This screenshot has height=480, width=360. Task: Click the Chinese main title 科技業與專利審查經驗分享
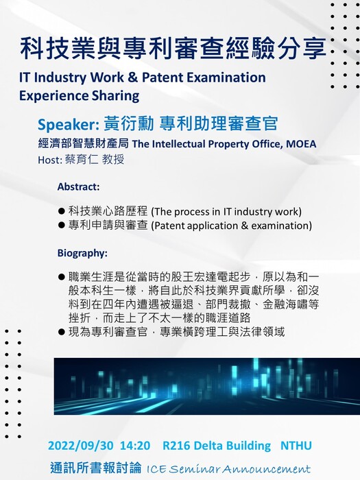click(x=173, y=49)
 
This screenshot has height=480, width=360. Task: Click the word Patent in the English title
click(x=163, y=77)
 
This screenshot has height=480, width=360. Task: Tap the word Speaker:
click(x=68, y=124)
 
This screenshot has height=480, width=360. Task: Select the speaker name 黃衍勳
click(x=129, y=123)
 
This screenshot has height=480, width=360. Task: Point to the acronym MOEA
click(x=301, y=143)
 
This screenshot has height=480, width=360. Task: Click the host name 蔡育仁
click(x=82, y=160)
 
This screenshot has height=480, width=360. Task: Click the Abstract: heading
click(x=78, y=187)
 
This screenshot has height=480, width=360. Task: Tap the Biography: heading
click(x=82, y=253)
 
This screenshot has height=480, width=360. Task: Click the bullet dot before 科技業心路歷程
click(x=62, y=211)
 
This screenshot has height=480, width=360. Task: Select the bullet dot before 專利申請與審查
click(x=62, y=226)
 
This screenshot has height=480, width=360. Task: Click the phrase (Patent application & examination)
click(x=232, y=226)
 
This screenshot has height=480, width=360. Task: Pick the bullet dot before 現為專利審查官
click(x=62, y=332)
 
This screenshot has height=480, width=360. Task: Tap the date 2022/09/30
click(x=81, y=446)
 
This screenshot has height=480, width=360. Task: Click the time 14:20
click(x=135, y=446)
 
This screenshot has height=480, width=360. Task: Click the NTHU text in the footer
click(x=296, y=446)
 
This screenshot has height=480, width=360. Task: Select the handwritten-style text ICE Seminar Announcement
click(x=228, y=468)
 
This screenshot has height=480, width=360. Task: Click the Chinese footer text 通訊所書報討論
click(x=96, y=468)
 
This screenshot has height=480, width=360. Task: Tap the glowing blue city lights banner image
click(x=207, y=386)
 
